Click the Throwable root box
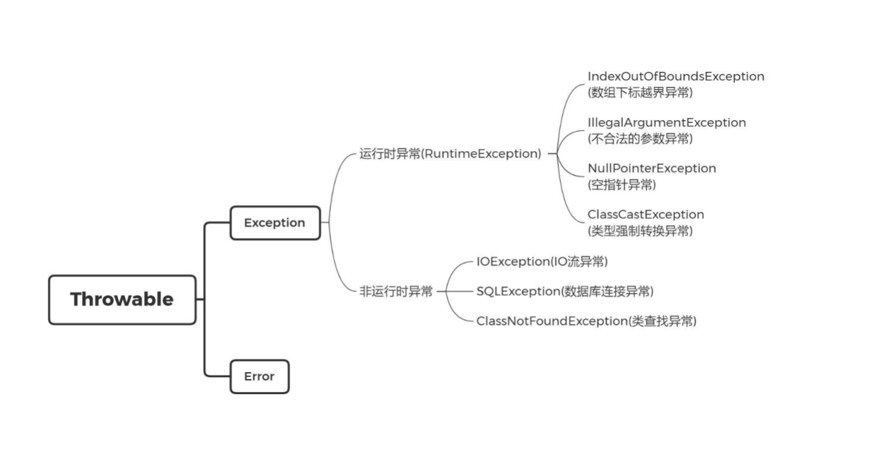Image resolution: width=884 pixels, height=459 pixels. tap(122, 300)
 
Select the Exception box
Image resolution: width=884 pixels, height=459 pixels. tap(275, 223)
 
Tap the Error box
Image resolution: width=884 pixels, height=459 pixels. tap(259, 377)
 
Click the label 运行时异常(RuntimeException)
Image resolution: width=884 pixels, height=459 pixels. tap(450, 154)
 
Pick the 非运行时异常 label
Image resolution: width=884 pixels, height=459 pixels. tap(396, 291)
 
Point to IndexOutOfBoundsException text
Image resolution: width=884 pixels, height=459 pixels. tap(675, 77)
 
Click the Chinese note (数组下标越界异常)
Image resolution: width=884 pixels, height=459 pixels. tap(640, 92)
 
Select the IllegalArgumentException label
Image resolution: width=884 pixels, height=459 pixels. tap(666, 122)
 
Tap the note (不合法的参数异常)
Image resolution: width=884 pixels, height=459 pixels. tap(640, 138)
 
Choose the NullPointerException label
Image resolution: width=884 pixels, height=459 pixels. tap(651, 168)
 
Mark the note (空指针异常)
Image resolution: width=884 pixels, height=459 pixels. tap(622, 184)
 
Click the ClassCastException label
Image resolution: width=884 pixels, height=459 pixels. tap(646, 215)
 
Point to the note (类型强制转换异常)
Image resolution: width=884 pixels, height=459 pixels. tap(640, 231)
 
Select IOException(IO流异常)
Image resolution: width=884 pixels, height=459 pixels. tap(541, 262)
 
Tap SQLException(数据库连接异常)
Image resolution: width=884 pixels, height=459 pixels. tap(564, 291)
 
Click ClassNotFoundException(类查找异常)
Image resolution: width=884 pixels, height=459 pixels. tap(586, 321)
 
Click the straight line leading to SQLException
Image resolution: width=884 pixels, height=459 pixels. tap(456, 291)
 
